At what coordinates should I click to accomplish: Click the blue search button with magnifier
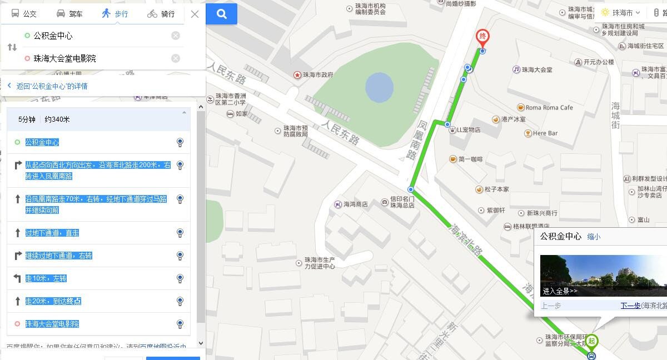click(222, 14)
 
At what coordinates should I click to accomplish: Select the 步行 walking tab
click(115, 14)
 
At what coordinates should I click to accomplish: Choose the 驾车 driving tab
click(69, 14)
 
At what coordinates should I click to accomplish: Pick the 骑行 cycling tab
click(161, 14)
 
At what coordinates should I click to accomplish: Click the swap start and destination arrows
click(12, 47)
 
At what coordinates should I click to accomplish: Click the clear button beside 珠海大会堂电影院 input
click(176, 58)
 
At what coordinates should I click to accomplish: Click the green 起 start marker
click(592, 341)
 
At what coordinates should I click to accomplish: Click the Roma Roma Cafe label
click(549, 107)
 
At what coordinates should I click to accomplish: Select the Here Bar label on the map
click(545, 133)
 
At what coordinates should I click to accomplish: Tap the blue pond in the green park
click(380, 88)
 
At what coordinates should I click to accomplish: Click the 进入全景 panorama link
click(560, 291)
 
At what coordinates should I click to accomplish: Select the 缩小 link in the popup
click(594, 237)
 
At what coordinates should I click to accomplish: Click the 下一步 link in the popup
click(630, 306)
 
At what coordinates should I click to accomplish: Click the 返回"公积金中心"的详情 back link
click(51, 86)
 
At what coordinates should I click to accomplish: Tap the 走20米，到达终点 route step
click(53, 301)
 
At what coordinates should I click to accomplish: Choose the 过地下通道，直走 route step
click(52, 233)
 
